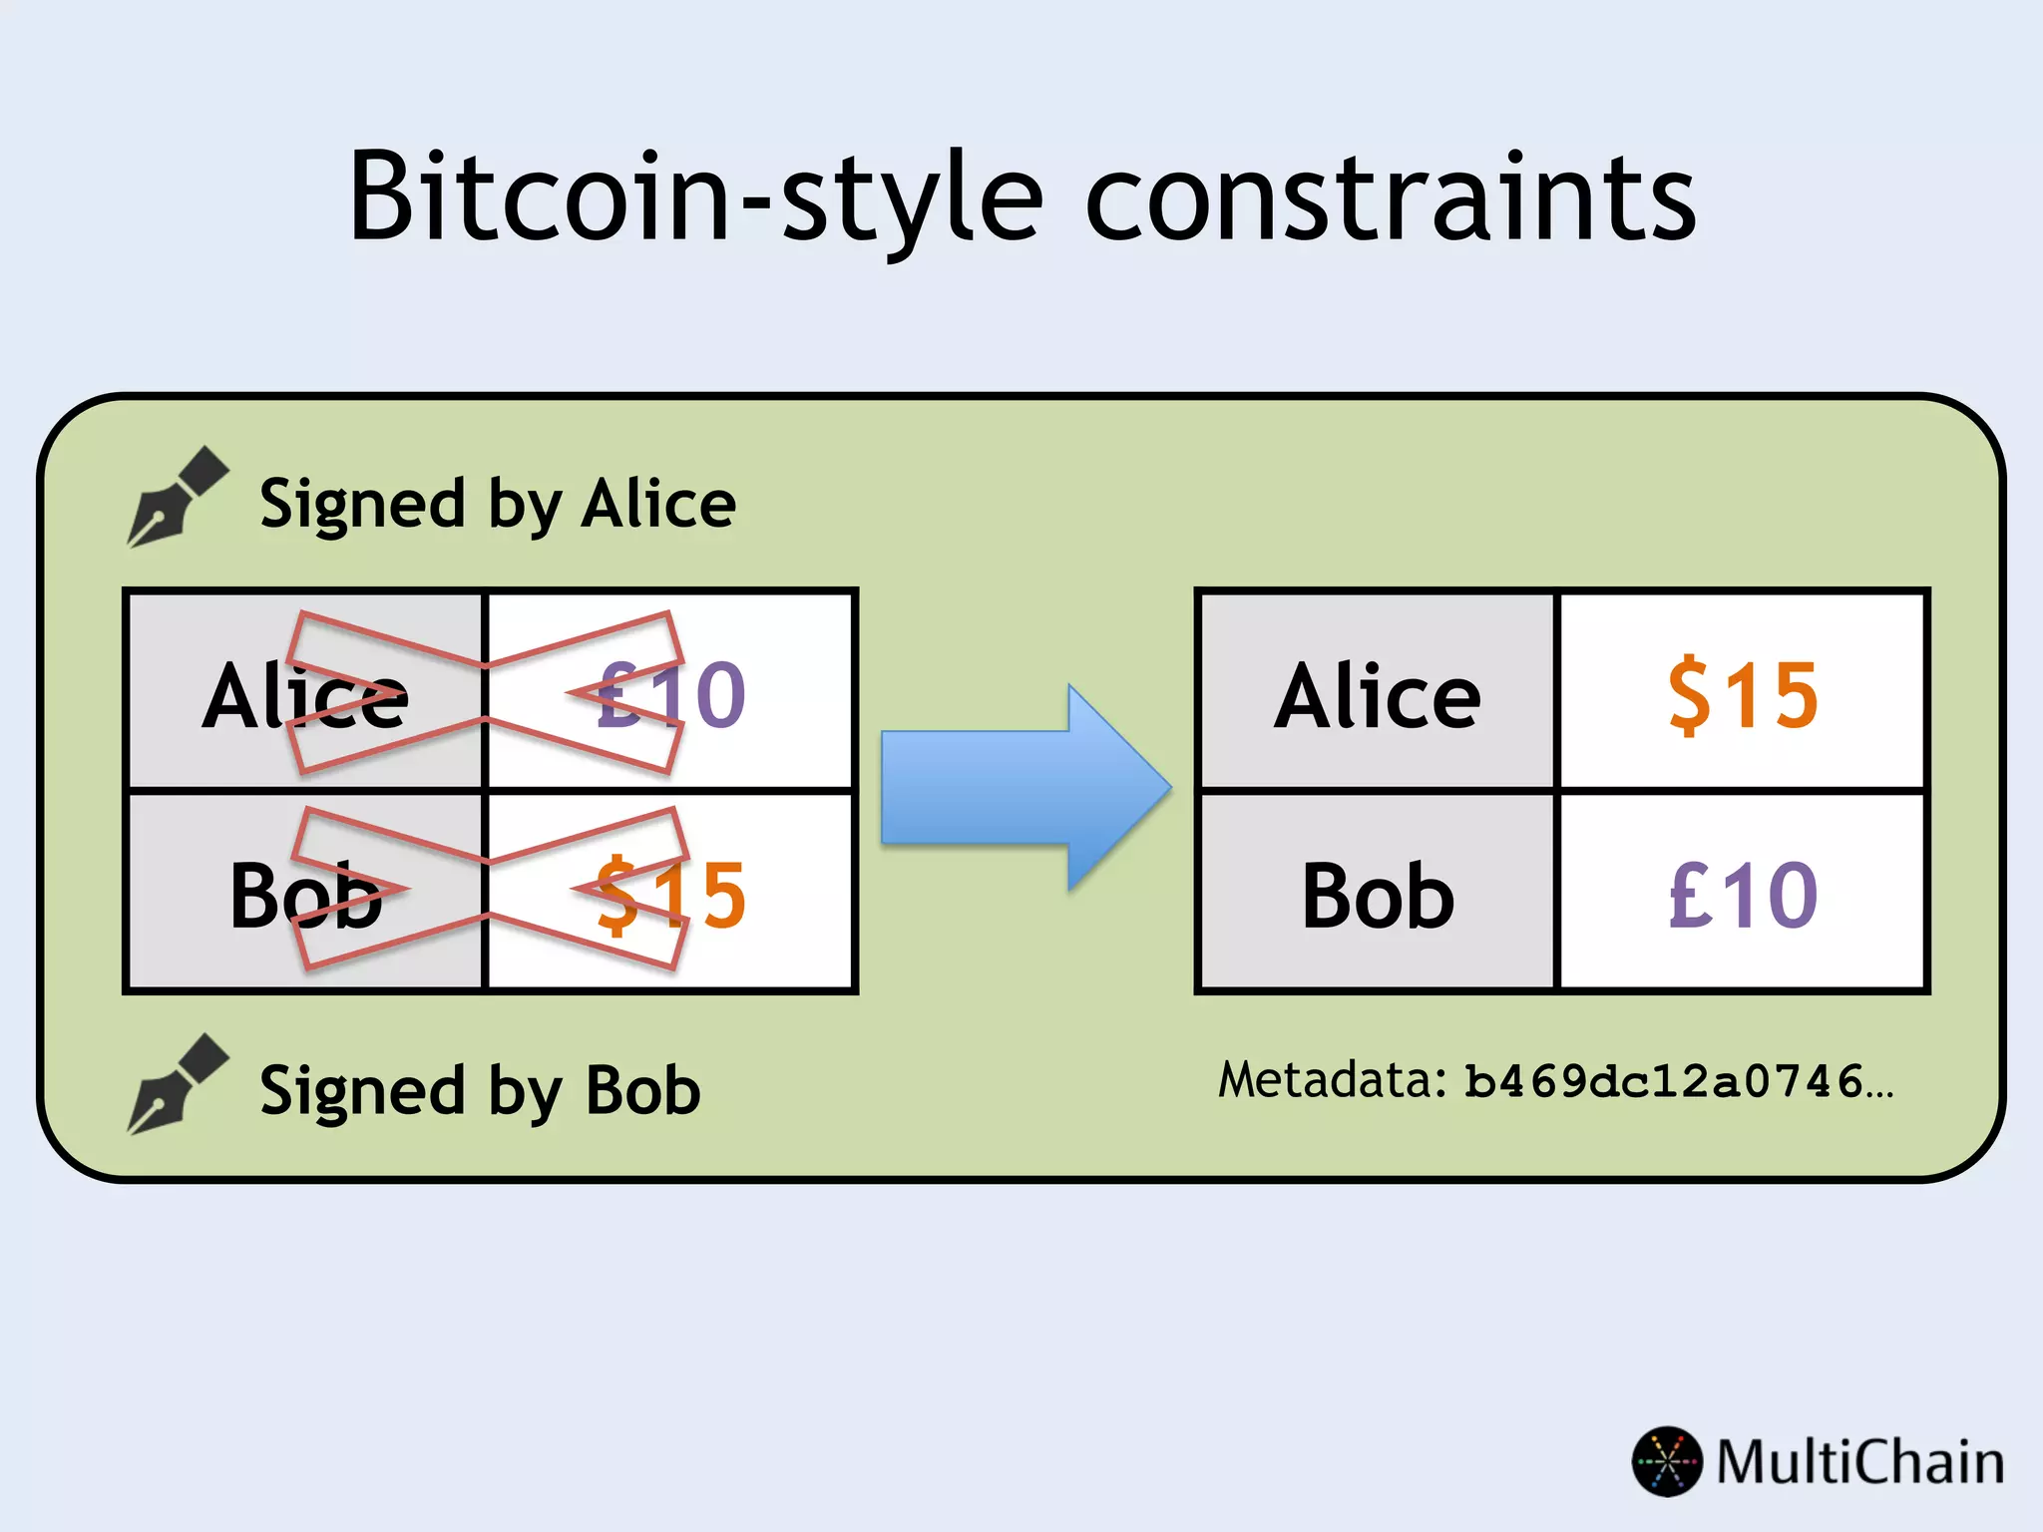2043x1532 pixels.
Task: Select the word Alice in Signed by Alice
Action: click(657, 504)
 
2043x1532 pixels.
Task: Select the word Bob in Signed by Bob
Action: click(642, 1090)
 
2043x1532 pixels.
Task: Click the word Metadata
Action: click(1330, 1080)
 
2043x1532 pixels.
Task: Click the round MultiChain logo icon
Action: click(1667, 1461)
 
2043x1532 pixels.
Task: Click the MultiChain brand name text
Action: click(1859, 1462)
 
